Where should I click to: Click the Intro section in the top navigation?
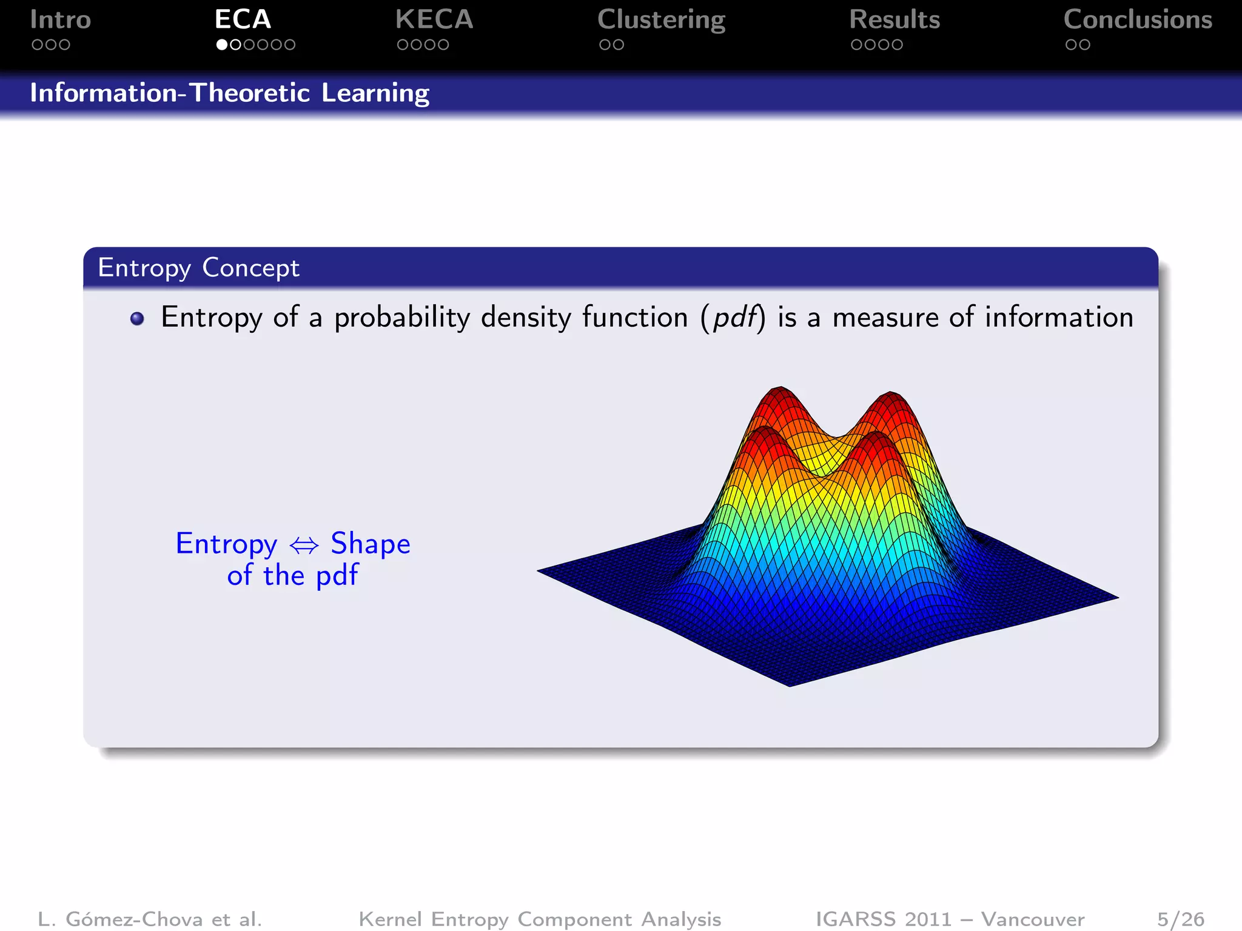60,20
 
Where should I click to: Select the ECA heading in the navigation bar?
243,20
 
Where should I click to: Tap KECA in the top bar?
434,20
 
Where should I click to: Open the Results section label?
895,20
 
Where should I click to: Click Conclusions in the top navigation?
1138,20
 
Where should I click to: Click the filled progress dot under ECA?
222,45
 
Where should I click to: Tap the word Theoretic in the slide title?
250,93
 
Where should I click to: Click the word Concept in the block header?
250,268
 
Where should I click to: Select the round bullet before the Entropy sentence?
137,319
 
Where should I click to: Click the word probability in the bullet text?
402,318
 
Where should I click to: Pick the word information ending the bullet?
1059,317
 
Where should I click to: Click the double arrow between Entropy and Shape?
304,546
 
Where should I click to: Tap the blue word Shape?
371,544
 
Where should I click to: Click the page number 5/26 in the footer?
1180,919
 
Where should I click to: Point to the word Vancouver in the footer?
1032,919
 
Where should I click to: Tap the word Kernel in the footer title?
390,919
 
